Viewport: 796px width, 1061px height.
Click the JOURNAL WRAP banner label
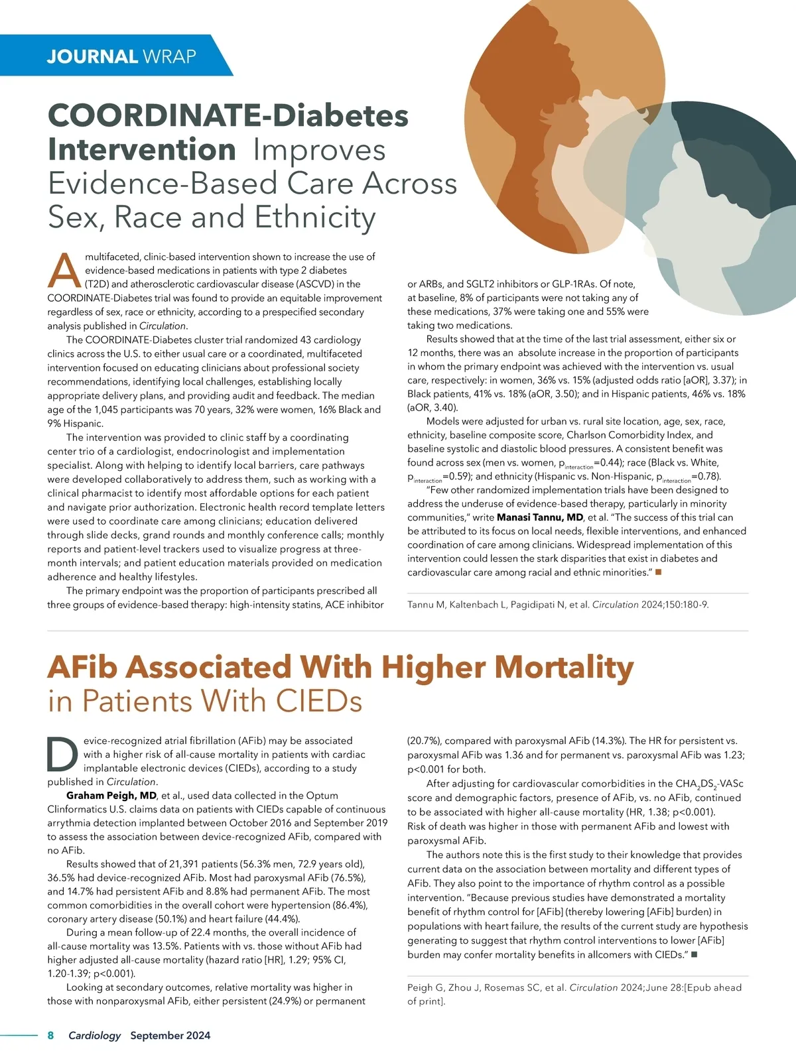pyautogui.click(x=121, y=56)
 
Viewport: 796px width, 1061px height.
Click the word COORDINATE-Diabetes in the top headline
pyautogui.click(x=228, y=115)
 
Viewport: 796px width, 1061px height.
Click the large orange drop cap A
pyautogui.click(x=64, y=270)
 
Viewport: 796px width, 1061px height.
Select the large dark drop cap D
pyautogui.click(x=64, y=754)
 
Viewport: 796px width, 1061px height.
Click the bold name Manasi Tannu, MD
pyautogui.click(x=540, y=517)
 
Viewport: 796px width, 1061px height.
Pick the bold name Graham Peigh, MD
pyautogui.click(x=111, y=795)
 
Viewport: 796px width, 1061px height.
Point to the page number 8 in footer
pyautogui.click(x=50, y=1035)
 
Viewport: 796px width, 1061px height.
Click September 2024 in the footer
pyautogui.click(x=170, y=1035)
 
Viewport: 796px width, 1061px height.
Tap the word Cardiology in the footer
pyautogui.click(x=95, y=1035)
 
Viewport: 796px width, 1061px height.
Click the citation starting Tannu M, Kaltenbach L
pyautogui.click(x=558, y=605)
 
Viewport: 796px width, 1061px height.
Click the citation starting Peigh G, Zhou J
pyautogui.click(x=574, y=994)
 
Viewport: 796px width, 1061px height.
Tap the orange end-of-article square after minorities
pyautogui.click(x=659, y=572)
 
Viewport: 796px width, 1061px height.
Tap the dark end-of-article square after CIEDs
pyautogui.click(x=695, y=955)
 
